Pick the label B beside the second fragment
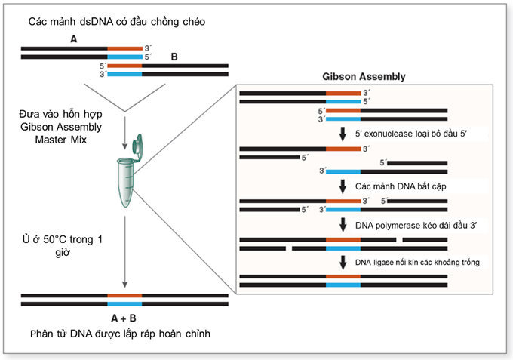click(x=175, y=57)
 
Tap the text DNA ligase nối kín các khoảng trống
click(x=417, y=261)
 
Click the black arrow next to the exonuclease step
click(x=343, y=134)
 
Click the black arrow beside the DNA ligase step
click(x=343, y=261)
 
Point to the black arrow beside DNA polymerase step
click(x=343, y=224)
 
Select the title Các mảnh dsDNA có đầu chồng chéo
click(x=116, y=21)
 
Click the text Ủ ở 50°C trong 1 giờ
click(x=62, y=247)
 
